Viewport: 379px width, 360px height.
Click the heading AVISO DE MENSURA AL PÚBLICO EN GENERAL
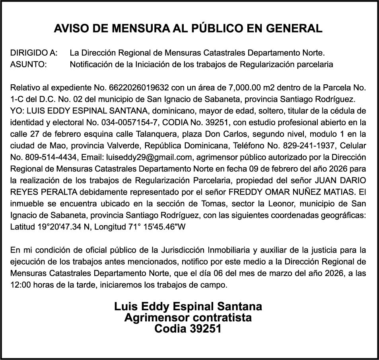tap(188, 29)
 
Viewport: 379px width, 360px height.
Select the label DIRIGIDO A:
tap(34, 53)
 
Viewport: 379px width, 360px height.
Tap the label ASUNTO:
tap(28, 64)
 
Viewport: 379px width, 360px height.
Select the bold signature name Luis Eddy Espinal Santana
tap(188, 307)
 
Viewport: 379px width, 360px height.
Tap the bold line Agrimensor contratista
tap(188, 318)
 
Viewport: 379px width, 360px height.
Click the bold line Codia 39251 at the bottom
tap(188, 329)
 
